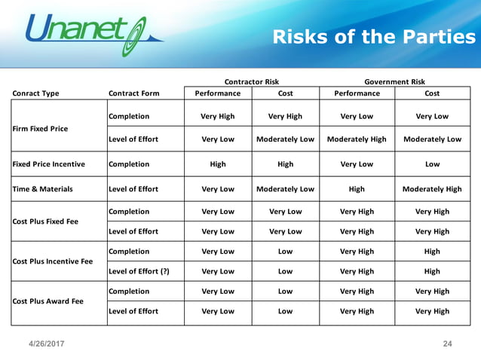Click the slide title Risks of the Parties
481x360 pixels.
373,37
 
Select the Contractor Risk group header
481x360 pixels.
252,81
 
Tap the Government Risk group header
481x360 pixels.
394,81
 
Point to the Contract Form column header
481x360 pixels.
134,93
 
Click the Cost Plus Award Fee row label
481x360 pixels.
46,301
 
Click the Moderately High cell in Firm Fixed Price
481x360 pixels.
357,139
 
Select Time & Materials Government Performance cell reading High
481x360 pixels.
357,189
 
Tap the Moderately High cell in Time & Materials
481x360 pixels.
432,189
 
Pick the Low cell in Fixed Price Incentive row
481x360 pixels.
432,164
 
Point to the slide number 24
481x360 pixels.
447,344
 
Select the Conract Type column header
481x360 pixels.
35,93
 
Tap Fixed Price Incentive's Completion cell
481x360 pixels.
129,164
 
